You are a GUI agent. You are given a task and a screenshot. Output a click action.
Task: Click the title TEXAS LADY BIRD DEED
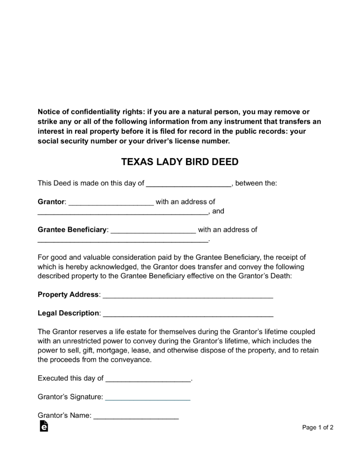tap(180, 162)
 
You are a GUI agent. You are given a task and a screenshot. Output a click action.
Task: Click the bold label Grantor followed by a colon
tap(51, 202)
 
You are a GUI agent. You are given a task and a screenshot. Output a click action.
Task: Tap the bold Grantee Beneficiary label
tap(72, 230)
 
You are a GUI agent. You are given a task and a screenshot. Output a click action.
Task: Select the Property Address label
tap(68, 295)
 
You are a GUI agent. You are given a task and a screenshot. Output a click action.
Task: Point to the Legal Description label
tap(68, 313)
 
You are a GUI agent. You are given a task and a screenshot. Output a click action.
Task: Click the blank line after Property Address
tap(187, 296)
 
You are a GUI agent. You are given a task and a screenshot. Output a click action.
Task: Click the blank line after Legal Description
tap(187, 314)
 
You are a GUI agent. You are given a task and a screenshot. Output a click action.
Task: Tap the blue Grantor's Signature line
tap(148, 398)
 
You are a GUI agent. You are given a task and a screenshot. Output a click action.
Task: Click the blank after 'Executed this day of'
tap(148, 380)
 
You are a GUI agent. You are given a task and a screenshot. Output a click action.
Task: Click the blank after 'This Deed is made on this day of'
tap(189, 184)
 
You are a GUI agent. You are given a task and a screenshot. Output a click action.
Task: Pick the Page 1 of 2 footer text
tap(318, 427)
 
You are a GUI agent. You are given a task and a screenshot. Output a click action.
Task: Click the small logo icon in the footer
tap(43, 426)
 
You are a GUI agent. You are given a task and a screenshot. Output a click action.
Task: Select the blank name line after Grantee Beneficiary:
tap(153, 231)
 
